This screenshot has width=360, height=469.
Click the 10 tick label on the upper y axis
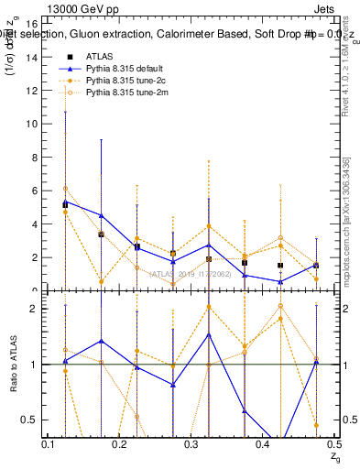point(33,124)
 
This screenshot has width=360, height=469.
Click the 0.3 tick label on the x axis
point(191,443)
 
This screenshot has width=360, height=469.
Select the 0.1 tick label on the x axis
point(48,443)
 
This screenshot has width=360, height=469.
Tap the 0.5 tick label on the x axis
point(333,443)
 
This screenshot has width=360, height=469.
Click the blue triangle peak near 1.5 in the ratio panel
point(209,334)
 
